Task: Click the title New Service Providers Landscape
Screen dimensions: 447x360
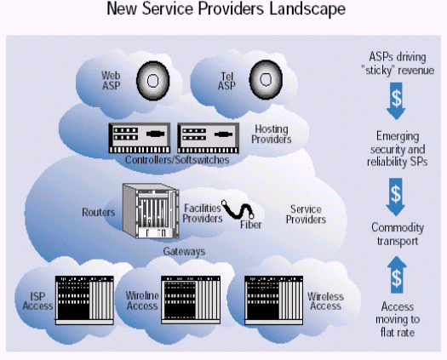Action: click(226, 9)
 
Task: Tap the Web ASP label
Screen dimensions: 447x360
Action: click(111, 80)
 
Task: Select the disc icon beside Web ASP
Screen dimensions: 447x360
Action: click(153, 81)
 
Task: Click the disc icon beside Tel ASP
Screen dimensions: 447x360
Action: click(266, 80)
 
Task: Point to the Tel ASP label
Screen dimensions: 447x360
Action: click(226, 81)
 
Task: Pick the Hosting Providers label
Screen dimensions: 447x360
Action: click(271, 134)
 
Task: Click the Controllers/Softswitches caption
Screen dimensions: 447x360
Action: click(177, 160)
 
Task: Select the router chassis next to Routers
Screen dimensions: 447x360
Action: click(151, 211)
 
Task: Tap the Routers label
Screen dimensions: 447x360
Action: click(99, 212)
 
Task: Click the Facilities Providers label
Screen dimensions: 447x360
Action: click(203, 214)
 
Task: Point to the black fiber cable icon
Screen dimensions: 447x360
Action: click(238, 209)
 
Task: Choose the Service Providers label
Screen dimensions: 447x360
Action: click(306, 214)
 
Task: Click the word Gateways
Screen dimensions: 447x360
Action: click(184, 251)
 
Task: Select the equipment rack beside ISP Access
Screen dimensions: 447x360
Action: click(84, 300)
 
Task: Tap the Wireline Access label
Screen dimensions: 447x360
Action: click(142, 300)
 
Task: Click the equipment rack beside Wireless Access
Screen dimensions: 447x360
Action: click(273, 300)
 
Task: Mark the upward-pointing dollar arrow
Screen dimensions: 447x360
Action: click(397, 275)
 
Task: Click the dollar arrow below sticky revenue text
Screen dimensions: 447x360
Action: click(396, 101)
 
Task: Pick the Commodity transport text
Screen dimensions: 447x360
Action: click(398, 234)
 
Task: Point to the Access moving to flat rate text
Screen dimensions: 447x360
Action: click(398, 319)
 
